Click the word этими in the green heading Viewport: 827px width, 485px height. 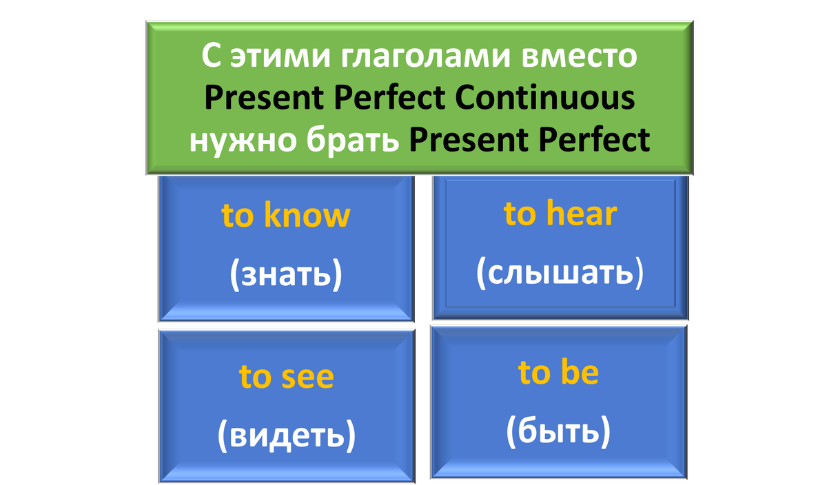[280, 56]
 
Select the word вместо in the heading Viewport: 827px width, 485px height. [580, 56]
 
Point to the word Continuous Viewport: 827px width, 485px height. [545, 98]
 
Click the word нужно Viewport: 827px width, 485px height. [243, 141]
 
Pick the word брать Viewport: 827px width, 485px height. [353, 140]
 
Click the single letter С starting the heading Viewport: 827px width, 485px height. [211, 55]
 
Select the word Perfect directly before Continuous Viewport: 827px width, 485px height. [389, 97]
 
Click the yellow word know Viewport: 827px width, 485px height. [307, 214]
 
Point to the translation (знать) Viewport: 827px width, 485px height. [286, 274]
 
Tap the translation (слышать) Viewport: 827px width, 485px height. [560, 272]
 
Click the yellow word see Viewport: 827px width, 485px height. [307, 378]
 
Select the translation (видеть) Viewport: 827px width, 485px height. [287, 435]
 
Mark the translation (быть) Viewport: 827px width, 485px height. [558, 431]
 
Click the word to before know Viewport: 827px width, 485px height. [237, 216]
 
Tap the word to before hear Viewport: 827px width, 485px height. [520, 214]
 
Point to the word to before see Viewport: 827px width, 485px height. [255, 378]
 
